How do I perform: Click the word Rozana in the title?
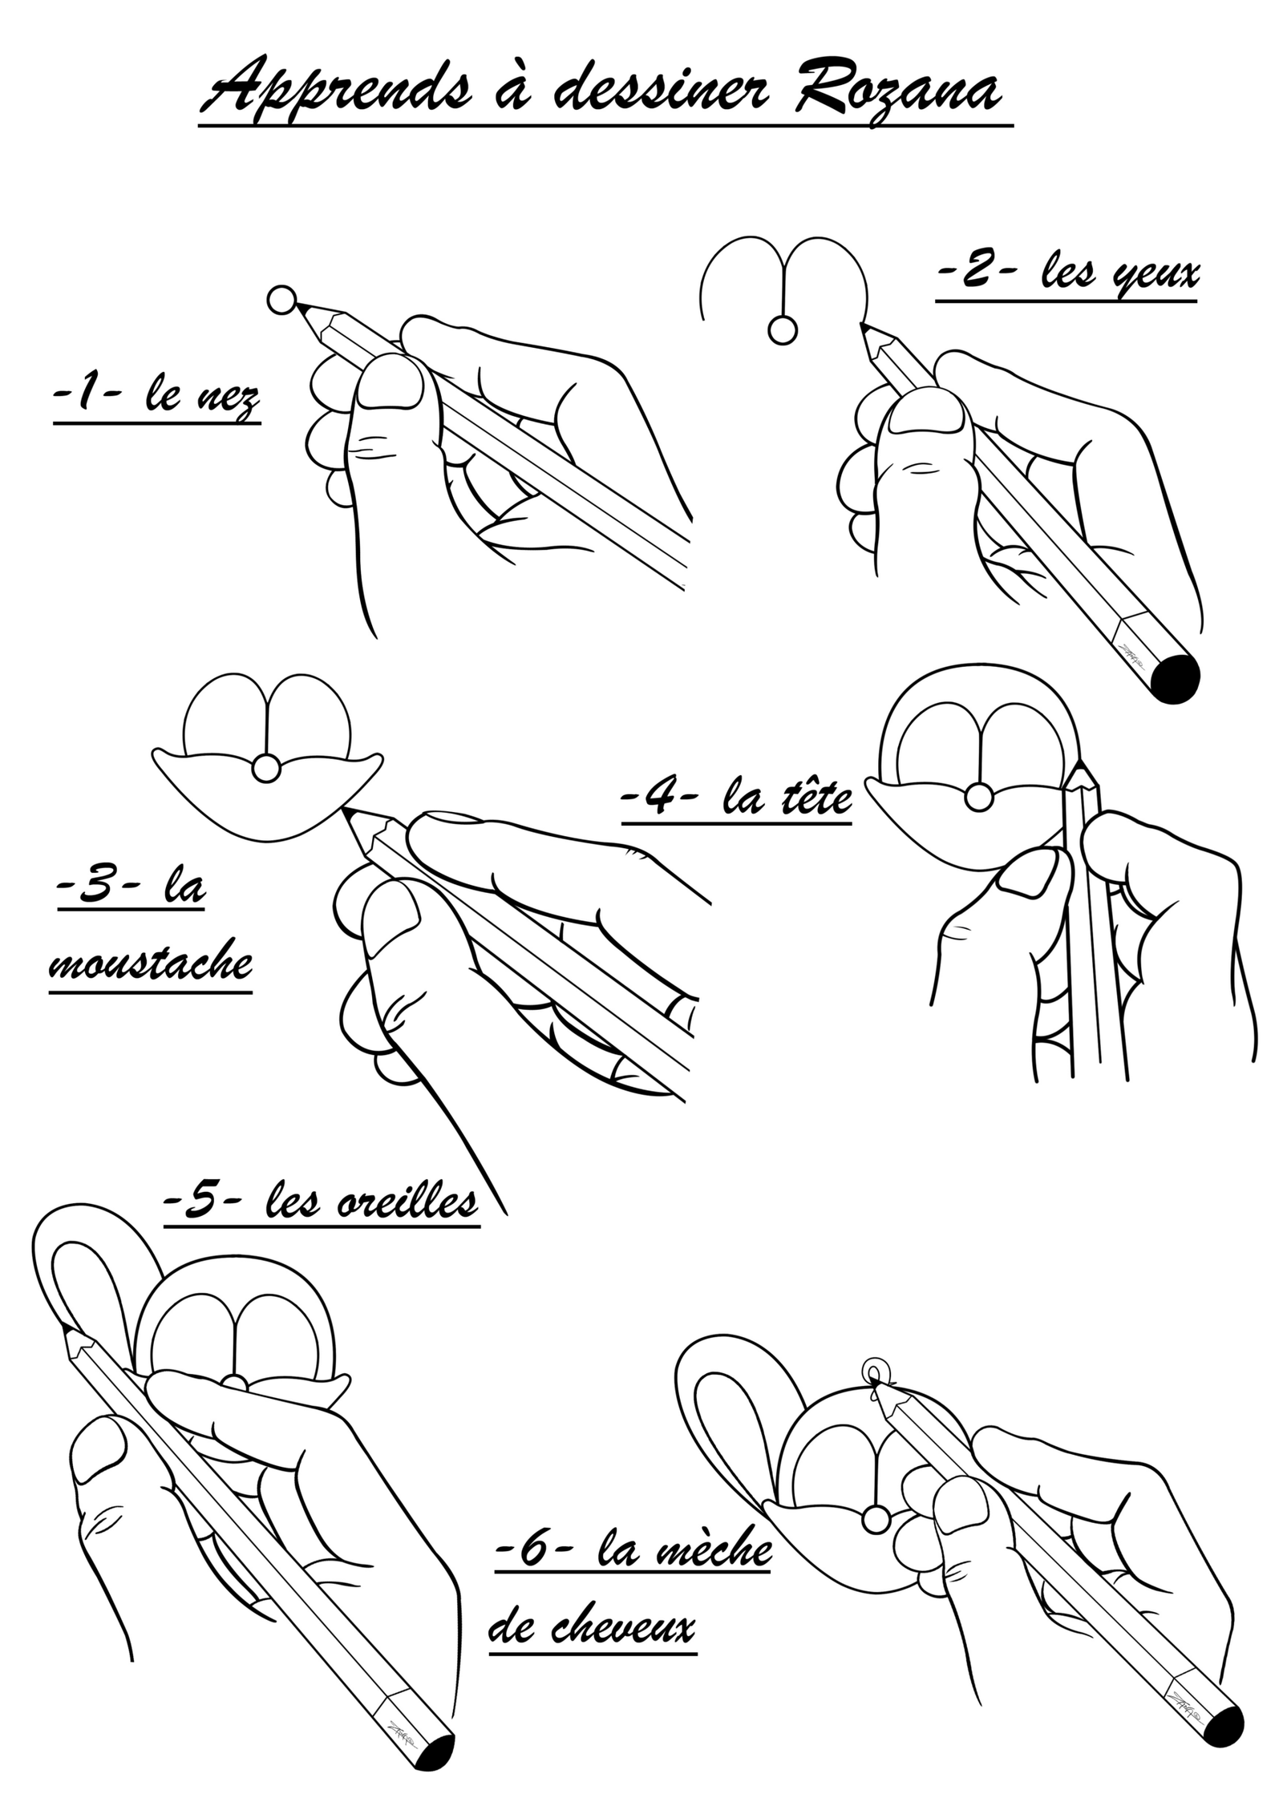coord(897,87)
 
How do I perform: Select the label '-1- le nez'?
coord(156,397)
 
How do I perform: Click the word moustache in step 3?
coord(151,962)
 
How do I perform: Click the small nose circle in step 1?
coord(282,301)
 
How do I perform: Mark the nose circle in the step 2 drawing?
coord(782,329)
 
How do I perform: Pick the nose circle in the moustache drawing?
coord(266,769)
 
